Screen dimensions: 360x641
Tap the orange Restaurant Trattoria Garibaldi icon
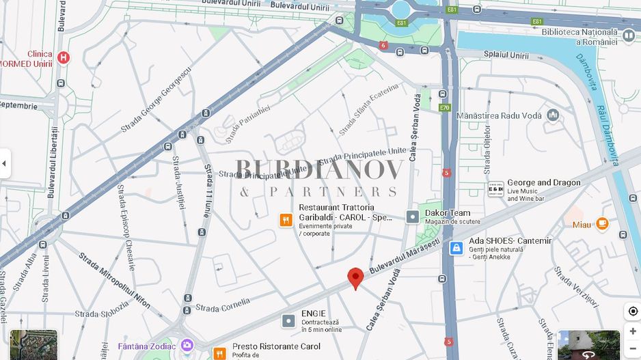tap(286, 220)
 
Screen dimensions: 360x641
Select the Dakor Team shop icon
tap(413, 217)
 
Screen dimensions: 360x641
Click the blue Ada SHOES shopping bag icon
tap(456, 248)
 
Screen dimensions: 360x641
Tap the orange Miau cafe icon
tap(601, 223)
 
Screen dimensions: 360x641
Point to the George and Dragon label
tap(543, 183)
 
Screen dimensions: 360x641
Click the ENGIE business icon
tap(289, 320)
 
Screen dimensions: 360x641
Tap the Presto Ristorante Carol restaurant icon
tap(219, 352)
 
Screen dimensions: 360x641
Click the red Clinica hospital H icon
tap(64, 58)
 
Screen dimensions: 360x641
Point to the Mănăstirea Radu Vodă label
tap(500, 115)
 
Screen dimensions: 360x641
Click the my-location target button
tap(633, 311)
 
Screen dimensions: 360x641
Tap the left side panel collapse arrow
tap(5, 164)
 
